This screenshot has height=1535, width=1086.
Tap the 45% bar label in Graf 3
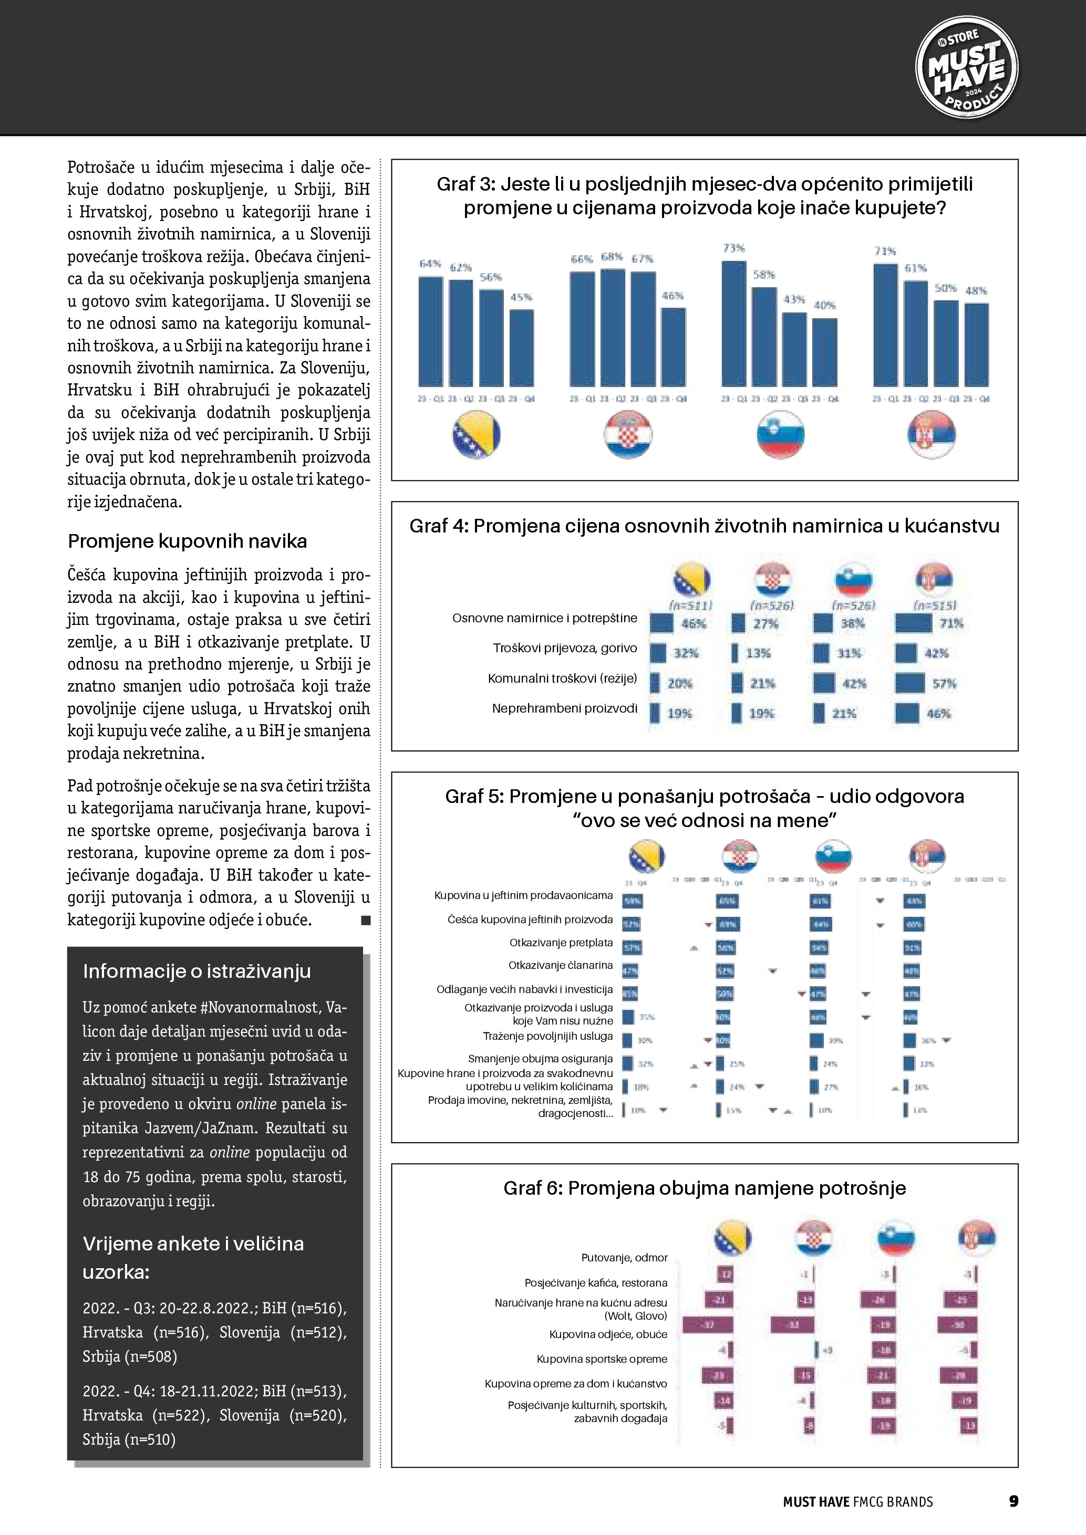pos(522,297)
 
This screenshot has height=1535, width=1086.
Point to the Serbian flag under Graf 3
pos(931,435)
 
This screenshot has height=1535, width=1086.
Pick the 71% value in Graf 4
pos(951,624)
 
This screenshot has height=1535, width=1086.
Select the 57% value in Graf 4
pos(944,684)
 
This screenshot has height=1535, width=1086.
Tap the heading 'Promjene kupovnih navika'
pos(187,541)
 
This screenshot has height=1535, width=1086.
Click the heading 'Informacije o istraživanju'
pos(196,971)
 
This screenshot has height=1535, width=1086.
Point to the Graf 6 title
pos(704,1188)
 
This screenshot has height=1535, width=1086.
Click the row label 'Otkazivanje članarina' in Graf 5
pos(561,965)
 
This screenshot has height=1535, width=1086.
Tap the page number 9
pos(1013,1501)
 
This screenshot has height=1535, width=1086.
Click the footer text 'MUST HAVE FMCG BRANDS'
pos(857,1501)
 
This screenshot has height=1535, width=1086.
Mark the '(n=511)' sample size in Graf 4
pos(690,605)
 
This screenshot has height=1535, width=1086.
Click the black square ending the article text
pos(366,921)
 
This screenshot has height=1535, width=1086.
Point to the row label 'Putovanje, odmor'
pos(624,1258)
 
